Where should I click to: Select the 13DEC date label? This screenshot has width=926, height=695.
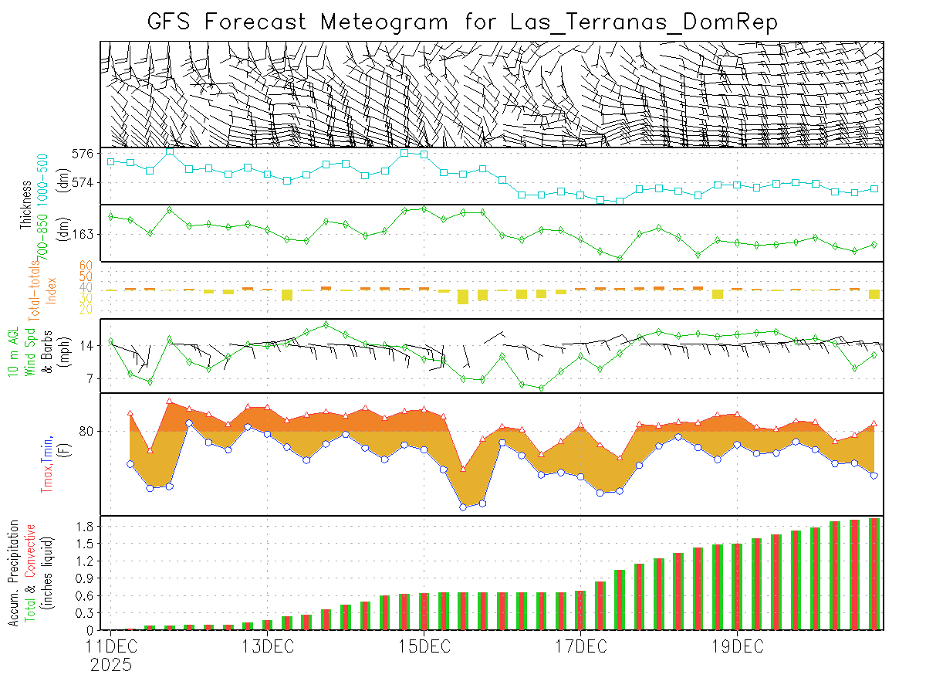click(266, 646)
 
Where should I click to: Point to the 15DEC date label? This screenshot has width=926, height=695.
click(423, 646)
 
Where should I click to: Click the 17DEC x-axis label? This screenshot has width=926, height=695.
click(580, 646)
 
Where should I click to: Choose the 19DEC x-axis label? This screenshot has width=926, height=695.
click(736, 646)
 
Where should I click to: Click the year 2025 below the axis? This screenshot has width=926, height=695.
click(110, 664)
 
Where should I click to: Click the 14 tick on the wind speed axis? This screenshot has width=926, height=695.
click(87, 347)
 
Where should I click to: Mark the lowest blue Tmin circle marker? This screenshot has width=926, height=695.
click(463, 507)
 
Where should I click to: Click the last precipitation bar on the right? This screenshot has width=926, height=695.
click(874, 574)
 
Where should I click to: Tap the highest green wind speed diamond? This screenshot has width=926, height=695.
click(326, 324)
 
